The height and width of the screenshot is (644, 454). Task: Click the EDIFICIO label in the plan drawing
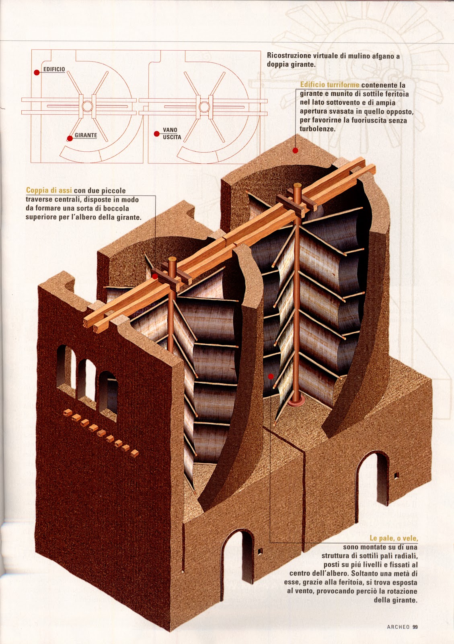pos(54,70)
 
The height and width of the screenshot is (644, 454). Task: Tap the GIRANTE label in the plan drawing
pos(86,135)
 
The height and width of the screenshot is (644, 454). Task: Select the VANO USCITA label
pos(172,134)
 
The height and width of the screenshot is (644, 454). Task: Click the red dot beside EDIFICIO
pos(37,73)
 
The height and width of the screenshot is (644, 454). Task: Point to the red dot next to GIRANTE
pos(70,138)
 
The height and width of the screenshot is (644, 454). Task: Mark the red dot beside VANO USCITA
pos(156,134)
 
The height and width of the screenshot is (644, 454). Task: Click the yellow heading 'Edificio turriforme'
pos(330,85)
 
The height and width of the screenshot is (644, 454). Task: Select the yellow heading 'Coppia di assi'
pos(49,190)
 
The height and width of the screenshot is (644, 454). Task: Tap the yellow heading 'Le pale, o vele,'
pos(393,538)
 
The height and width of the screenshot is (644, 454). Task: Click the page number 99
pos(415,627)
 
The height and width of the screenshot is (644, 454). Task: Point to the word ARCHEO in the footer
pos(398,627)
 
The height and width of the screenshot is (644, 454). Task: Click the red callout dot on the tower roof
pos(295,151)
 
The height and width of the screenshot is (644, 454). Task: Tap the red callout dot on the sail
pos(271,376)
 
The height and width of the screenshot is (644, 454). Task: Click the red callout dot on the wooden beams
pos(155,277)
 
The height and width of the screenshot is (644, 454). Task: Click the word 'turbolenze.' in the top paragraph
pos(317,129)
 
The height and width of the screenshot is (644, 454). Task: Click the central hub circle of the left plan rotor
pos(87,107)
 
